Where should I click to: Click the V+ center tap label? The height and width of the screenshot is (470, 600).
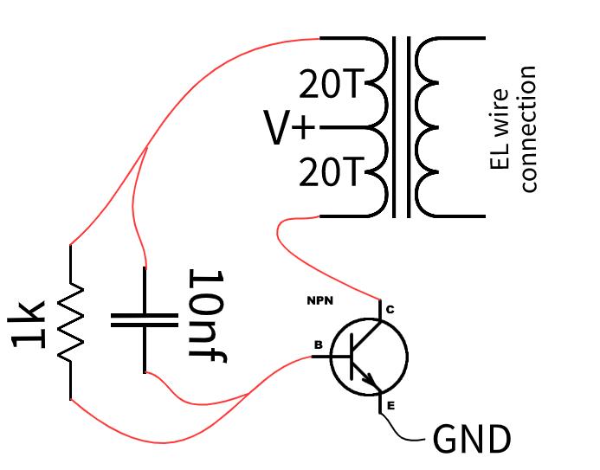tap(290, 130)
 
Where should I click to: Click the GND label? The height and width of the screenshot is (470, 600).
tap(472, 441)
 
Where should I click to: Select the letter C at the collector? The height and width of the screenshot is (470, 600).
tap(390, 310)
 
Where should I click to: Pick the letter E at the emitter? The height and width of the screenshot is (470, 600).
tap(390, 405)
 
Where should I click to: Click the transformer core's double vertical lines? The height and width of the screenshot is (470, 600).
tap(400, 128)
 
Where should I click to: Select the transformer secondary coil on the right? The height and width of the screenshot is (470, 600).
tap(429, 128)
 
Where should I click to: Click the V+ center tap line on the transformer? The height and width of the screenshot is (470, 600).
tap(342, 128)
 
